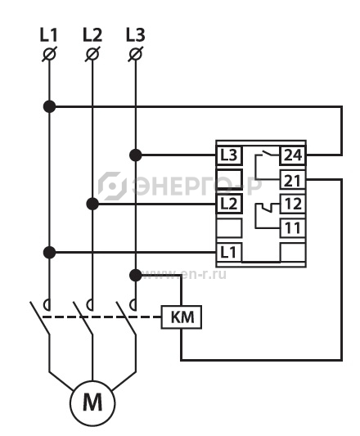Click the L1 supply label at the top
[x=49, y=35]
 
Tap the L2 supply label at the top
[x=92, y=35]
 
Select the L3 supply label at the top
[x=136, y=35]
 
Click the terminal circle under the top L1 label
[x=50, y=54]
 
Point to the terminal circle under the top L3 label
[x=136, y=54]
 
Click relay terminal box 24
[x=293, y=155]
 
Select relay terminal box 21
[x=293, y=180]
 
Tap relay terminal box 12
[x=293, y=205]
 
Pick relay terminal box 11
[x=293, y=228]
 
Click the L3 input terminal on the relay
[x=229, y=155]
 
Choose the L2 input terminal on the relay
[x=229, y=205]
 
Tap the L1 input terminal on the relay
[x=229, y=252]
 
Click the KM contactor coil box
[x=182, y=317]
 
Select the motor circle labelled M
[x=92, y=403]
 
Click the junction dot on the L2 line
[x=92, y=205]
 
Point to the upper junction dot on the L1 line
[x=50, y=106]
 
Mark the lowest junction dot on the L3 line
[x=136, y=276]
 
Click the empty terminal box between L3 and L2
[x=229, y=180]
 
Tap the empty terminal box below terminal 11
[x=293, y=252]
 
